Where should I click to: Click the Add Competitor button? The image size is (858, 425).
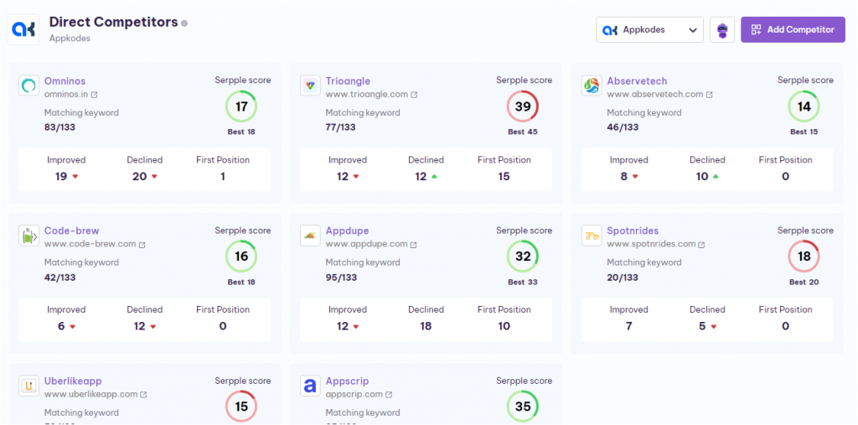pyautogui.click(x=793, y=29)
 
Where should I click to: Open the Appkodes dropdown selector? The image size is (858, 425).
pyautogui.click(x=649, y=29)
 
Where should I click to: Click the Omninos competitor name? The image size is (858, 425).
pyautogui.click(x=65, y=81)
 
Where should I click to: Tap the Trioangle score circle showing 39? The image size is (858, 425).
pyautogui.click(x=523, y=106)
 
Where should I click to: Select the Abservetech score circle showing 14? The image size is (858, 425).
pyautogui.click(x=804, y=106)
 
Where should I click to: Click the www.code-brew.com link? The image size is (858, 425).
pyautogui.click(x=90, y=244)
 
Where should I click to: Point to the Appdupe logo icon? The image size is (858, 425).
pyautogui.click(x=310, y=236)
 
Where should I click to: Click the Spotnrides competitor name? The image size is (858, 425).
pyautogui.click(x=633, y=231)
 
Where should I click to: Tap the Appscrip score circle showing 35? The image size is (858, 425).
pyautogui.click(x=523, y=407)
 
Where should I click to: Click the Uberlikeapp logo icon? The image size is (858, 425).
pyautogui.click(x=29, y=386)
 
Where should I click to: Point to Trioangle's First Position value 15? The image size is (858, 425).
pyautogui.click(x=504, y=176)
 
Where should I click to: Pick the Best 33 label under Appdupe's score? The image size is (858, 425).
pyautogui.click(x=523, y=282)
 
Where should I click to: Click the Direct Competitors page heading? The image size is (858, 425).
pyautogui.click(x=113, y=22)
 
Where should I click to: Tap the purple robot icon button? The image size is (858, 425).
pyautogui.click(x=722, y=29)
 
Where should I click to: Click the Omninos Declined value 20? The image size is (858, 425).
pyautogui.click(x=139, y=176)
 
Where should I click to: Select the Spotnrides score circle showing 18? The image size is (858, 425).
pyautogui.click(x=804, y=257)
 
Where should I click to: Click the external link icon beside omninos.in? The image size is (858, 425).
pyautogui.click(x=94, y=95)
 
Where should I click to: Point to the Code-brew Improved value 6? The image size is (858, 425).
pyautogui.click(x=61, y=326)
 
